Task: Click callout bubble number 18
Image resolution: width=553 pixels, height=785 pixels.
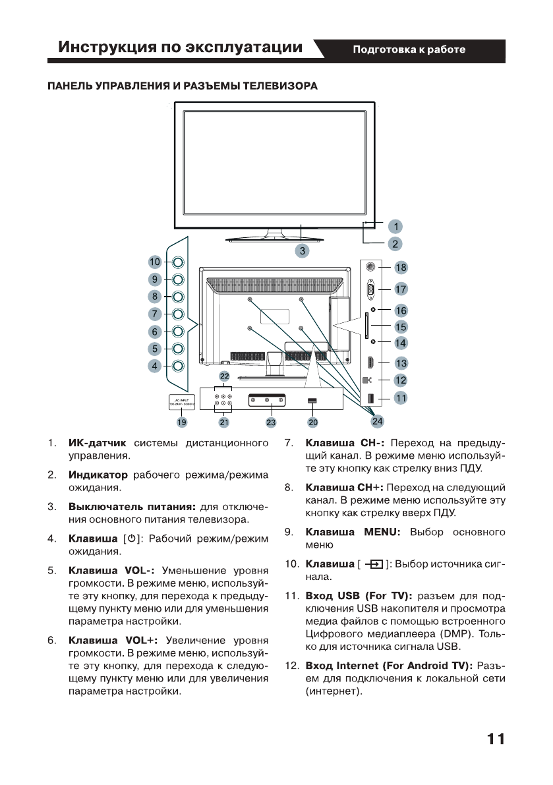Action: (401, 268)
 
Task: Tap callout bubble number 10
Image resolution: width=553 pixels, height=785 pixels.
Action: (155, 262)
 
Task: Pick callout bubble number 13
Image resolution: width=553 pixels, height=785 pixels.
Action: (401, 363)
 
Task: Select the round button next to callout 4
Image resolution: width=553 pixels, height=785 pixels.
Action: (178, 366)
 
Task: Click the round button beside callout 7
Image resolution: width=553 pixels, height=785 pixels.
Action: (178, 314)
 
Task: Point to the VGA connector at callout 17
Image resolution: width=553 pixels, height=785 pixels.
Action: (371, 289)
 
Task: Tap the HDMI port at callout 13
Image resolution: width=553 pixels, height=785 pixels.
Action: (371, 363)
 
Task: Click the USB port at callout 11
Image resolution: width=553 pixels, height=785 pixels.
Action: (371, 398)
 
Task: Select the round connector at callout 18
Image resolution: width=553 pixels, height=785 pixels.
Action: (371, 268)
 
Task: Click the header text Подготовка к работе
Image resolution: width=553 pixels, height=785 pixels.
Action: (409, 50)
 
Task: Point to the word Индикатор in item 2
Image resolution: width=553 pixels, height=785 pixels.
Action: (98, 475)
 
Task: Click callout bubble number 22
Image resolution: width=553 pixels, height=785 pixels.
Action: (225, 376)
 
